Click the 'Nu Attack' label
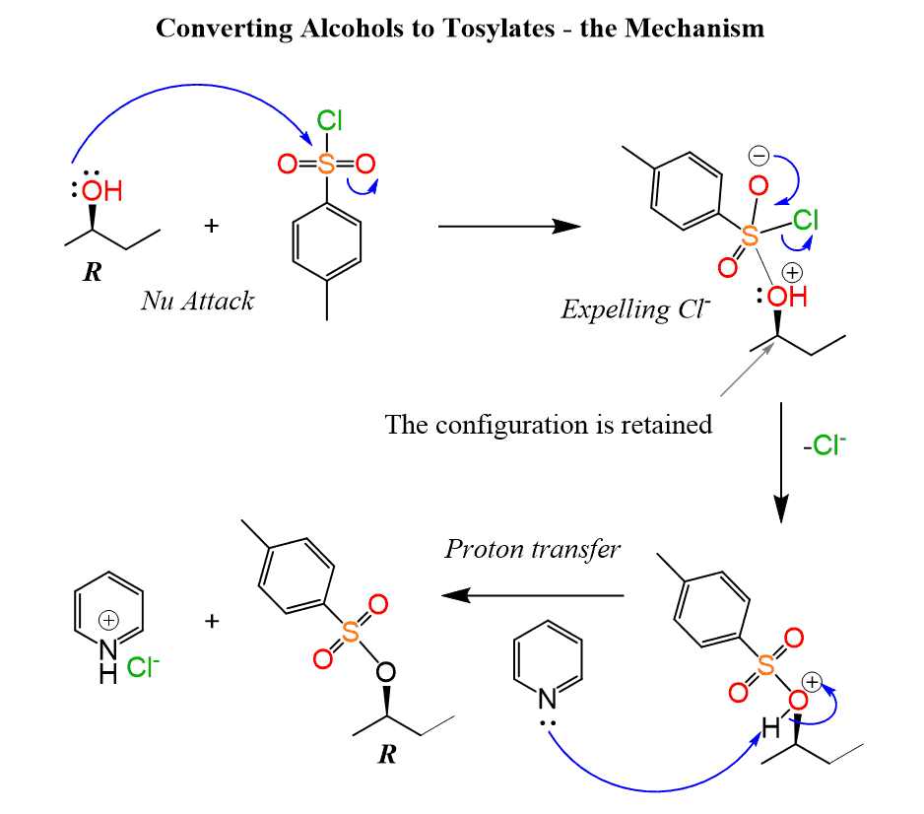point(197,301)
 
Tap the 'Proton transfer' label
point(532,549)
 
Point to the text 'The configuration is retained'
point(548,425)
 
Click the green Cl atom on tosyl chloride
point(329,121)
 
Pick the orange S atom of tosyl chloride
point(326,164)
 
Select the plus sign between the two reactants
point(210,227)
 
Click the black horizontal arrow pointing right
point(507,226)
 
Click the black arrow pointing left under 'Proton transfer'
point(532,595)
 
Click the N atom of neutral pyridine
point(548,699)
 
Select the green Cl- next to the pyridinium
point(143,669)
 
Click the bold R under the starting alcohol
point(92,271)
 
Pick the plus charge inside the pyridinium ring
point(109,620)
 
